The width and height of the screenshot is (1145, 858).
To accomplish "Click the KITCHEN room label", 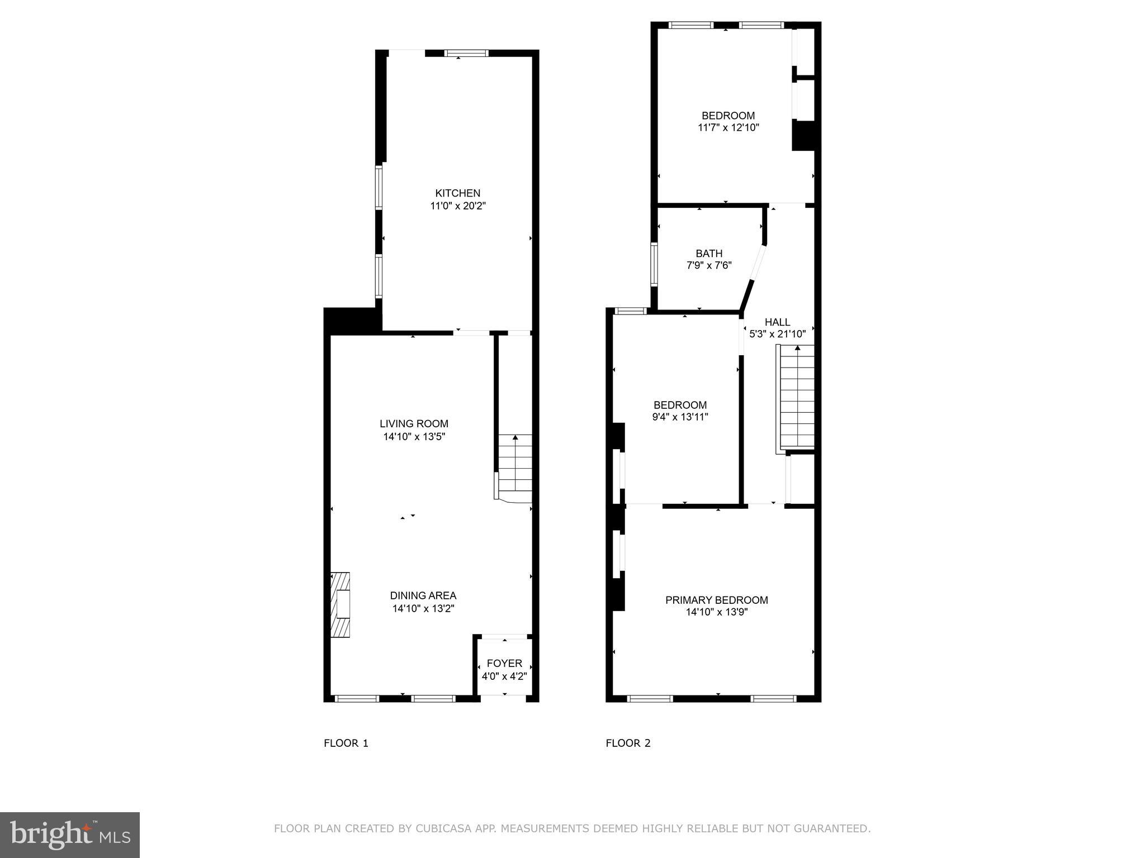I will point(457,193).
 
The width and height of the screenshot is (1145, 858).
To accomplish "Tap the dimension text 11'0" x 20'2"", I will point(457,206).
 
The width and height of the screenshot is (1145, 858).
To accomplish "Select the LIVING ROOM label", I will point(414,424).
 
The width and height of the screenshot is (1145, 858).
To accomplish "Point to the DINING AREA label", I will point(423,595).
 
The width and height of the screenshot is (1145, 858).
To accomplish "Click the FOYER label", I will point(504,663).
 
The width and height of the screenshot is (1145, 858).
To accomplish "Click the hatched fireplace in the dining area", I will point(340,604).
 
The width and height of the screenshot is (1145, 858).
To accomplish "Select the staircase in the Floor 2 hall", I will point(797,397).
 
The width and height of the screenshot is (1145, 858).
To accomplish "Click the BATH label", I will point(709,253).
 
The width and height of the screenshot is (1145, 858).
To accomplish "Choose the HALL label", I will point(777,322).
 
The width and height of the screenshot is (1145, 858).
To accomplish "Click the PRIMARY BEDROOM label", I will point(716,600).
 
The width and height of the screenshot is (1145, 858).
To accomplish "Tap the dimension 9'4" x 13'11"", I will point(680,417).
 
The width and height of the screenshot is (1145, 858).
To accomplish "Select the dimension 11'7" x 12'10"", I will point(728,127).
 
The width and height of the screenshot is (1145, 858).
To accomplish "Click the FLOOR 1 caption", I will point(346,743).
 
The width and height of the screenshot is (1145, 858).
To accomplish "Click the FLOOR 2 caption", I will point(628,743).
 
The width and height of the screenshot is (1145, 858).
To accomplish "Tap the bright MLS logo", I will point(70,835).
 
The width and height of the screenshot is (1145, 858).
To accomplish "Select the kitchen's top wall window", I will point(466,54).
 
